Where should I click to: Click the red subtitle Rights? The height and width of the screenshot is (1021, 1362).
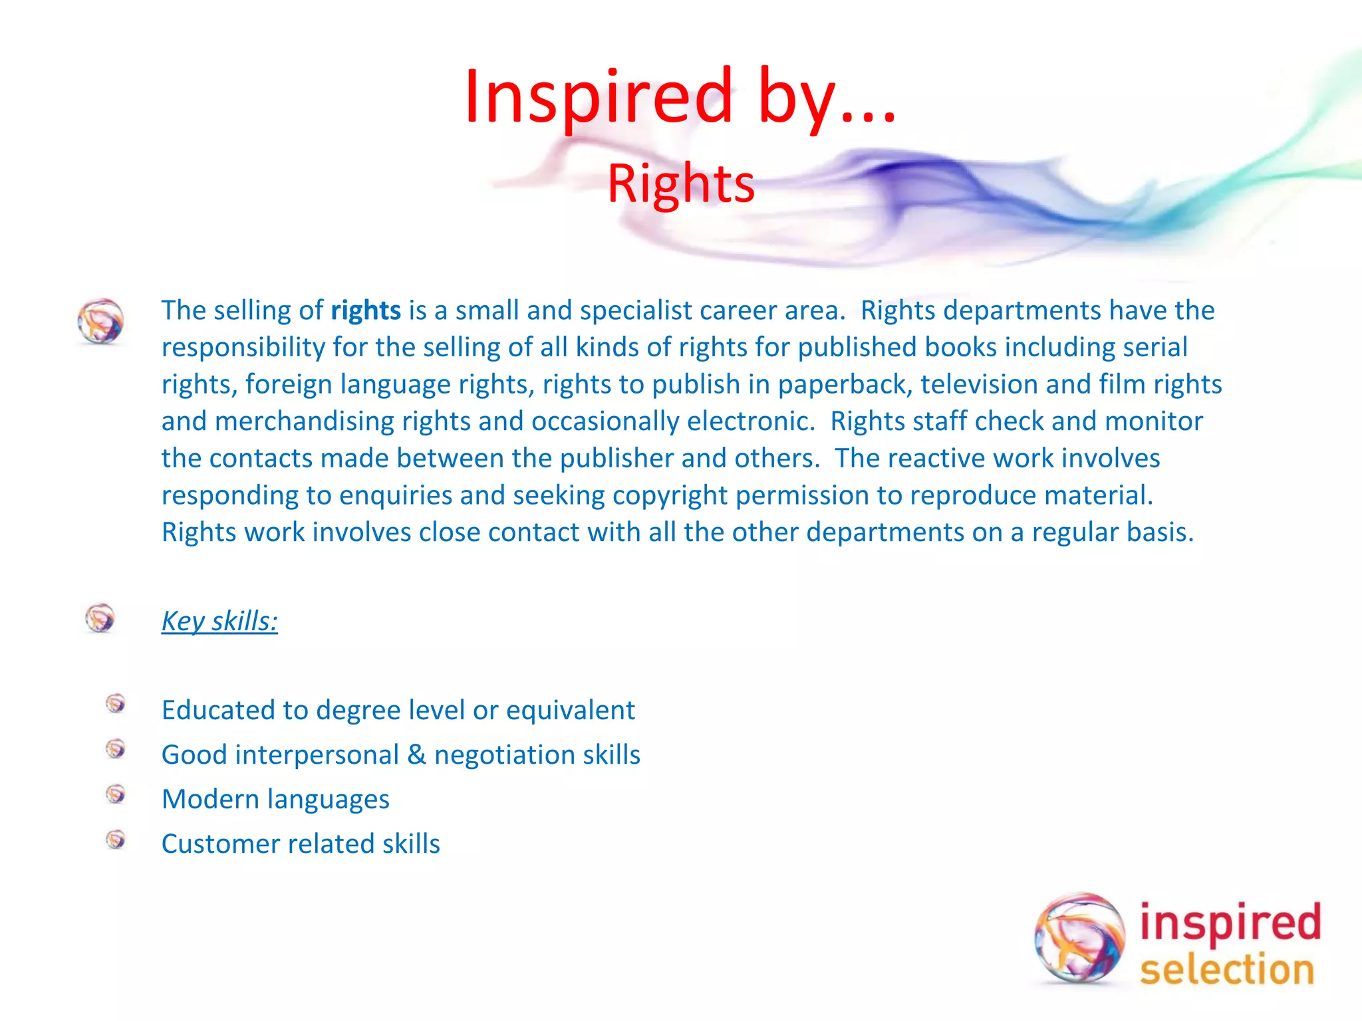(681, 184)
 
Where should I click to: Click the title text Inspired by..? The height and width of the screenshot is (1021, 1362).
(680, 97)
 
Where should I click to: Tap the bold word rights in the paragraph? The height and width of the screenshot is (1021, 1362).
(366, 310)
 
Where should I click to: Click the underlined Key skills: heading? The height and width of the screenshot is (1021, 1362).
(219, 622)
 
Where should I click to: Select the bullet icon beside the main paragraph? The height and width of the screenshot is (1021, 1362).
(100, 321)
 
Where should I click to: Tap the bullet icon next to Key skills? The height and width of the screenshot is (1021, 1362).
(100, 618)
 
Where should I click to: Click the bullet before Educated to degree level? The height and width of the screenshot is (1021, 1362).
(116, 703)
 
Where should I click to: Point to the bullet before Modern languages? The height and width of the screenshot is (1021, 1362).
(116, 794)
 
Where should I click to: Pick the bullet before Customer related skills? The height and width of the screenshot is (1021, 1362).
(116, 840)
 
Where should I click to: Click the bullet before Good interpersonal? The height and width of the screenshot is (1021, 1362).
(116, 749)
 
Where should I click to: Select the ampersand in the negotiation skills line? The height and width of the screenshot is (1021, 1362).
(416, 755)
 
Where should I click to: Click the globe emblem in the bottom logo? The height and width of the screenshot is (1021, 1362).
(1079, 937)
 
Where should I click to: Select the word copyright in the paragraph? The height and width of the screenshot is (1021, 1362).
(670, 496)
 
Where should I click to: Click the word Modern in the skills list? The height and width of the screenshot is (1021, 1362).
(210, 800)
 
